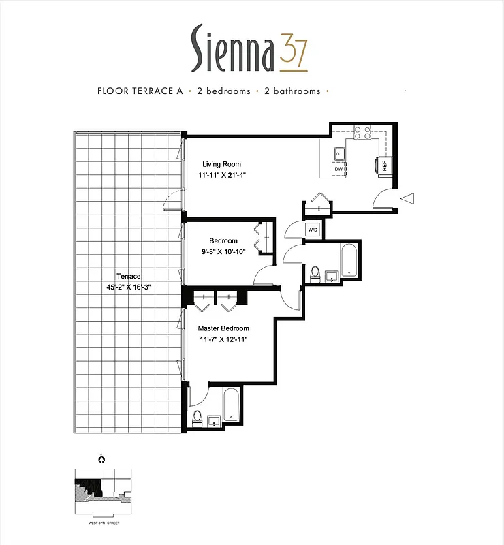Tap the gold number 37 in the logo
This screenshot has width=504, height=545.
click(293, 53)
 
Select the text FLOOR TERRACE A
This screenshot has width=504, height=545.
click(140, 91)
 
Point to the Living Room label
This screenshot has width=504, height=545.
click(221, 164)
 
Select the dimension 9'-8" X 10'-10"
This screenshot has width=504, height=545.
click(223, 252)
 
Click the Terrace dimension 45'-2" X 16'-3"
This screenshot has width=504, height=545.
click(128, 287)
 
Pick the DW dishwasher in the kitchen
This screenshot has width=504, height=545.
click(338, 169)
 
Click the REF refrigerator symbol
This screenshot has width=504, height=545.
click(383, 164)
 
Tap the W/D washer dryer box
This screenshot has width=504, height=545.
click(313, 230)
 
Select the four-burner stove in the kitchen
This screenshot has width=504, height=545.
click(362, 134)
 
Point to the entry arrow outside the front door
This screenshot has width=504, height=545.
click(408, 198)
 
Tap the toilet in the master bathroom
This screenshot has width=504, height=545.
click(198, 417)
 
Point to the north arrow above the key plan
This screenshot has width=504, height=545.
click(101, 459)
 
